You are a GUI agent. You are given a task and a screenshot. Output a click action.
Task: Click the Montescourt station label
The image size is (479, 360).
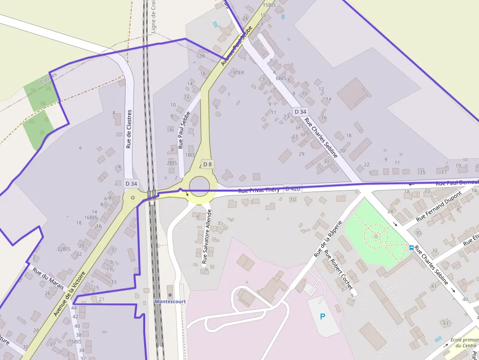coord(170,301)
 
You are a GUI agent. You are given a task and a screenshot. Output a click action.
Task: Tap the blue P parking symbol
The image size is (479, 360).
coord(322,317)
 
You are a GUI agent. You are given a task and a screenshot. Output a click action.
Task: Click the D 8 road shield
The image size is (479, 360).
coord(208,164)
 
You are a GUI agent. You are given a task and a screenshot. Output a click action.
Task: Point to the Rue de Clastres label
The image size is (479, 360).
coord(129,129)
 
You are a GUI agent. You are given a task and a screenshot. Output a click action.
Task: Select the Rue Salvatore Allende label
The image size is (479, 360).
coord(207,237)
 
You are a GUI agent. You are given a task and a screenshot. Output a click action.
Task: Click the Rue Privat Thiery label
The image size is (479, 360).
coord(259,190)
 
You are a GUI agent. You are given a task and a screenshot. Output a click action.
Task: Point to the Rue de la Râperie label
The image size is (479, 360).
coord(327,237)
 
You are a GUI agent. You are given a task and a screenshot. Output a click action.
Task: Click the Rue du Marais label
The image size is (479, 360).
coord(48,277)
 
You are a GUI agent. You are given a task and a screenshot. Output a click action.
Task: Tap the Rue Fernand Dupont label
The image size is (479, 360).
coord(439,206)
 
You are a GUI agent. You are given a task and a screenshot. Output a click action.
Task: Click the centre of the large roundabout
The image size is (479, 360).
coord(203,185)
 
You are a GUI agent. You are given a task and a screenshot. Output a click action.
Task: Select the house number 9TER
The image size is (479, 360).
coord(238,73)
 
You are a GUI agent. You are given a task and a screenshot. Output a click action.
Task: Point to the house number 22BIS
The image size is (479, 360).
coord(64,249)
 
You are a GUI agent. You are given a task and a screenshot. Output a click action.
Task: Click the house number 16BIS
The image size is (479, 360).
coord(91,217)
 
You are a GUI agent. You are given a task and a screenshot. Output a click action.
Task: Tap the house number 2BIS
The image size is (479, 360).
coord(172,163)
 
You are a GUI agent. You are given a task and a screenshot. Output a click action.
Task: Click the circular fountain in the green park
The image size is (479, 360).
coord(376,237)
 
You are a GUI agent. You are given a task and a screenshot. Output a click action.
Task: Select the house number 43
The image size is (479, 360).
coord(445,323)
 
